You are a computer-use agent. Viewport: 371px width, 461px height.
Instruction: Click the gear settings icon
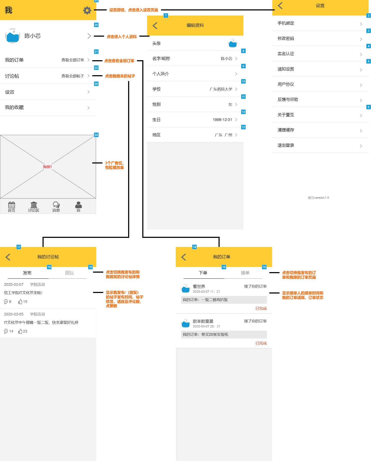(x=87, y=10)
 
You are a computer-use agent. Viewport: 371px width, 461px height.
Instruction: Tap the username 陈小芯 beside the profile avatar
(x=33, y=36)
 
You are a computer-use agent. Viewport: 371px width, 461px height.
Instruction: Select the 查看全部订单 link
(x=73, y=60)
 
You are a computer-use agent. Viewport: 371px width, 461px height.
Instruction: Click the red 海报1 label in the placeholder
(x=47, y=167)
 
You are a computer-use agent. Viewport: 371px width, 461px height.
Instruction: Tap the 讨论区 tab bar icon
(x=34, y=205)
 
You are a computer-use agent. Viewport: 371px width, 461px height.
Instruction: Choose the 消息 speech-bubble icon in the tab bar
(x=56, y=205)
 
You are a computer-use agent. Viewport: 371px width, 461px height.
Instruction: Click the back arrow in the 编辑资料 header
(x=155, y=25)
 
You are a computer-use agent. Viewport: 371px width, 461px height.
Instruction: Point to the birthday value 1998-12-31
(x=222, y=120)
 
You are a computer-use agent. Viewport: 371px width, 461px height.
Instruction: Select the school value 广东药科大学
(x=221, y=89)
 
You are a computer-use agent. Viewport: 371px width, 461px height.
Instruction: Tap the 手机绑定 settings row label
(x=286, y=23)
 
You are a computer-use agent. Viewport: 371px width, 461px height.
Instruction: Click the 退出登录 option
(x=286, y=145)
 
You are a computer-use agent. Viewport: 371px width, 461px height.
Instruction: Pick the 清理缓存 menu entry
(x=286, y=130)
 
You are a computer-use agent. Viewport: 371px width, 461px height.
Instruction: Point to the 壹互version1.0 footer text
(x=318, y=198)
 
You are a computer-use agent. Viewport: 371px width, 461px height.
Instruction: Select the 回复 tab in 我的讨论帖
(x=70, y=273)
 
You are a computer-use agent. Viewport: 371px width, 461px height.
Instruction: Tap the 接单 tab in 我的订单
(x=245, y=273)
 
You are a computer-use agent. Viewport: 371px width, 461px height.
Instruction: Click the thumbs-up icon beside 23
(x=20, y=331)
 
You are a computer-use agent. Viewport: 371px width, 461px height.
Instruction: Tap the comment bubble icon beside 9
(x=6, y=302)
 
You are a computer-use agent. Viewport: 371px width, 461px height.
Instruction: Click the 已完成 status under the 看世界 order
(x=261, y=308)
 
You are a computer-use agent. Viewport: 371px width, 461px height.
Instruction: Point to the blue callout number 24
(x=96, y=135)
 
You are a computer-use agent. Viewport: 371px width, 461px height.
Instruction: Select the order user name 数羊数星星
(x=203, y=321)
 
